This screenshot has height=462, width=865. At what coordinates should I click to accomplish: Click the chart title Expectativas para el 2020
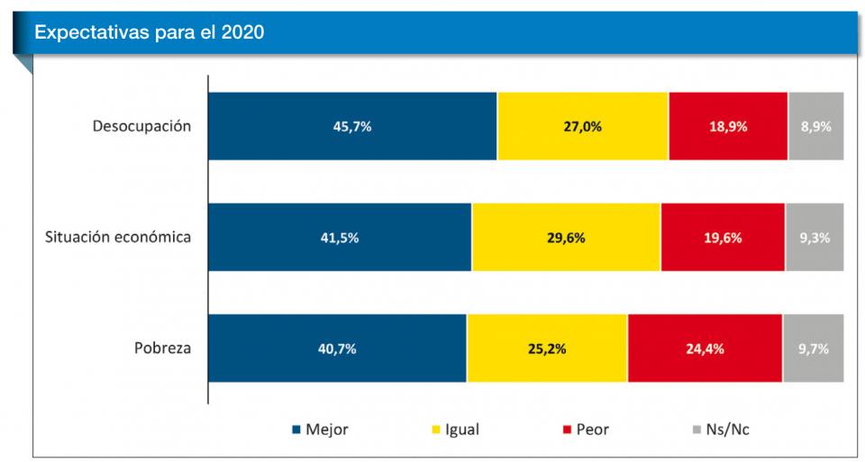pos(149,32)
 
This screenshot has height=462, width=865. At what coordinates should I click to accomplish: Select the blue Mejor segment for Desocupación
pos(352,126)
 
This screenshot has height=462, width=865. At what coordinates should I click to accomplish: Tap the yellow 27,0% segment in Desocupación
pos(582,126)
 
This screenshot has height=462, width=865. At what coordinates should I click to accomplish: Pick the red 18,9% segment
pos(728,126)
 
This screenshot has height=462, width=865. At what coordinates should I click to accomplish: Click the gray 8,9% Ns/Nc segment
pos(816,126)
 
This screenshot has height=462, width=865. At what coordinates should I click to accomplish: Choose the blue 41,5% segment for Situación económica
pos(340,238)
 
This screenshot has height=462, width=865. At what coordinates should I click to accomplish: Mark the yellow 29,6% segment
pos(566,238)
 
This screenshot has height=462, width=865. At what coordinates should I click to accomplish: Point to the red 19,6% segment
pos(723,238)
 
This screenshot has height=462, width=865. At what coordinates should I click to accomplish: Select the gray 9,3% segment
pos(815,238)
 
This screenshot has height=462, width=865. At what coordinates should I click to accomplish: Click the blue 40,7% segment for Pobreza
pos(337,349)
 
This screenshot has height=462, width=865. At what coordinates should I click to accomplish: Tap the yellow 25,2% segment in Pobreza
pos(547,349)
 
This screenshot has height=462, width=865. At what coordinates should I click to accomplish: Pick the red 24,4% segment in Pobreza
pos(705,349)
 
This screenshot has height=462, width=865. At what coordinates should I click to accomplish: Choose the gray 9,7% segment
pos(813,349)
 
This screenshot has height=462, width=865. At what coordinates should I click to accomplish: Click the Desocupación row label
pos(142,126)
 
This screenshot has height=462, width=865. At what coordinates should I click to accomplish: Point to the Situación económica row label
pos(118,238)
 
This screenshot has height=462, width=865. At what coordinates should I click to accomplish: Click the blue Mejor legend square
pos(296,430)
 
